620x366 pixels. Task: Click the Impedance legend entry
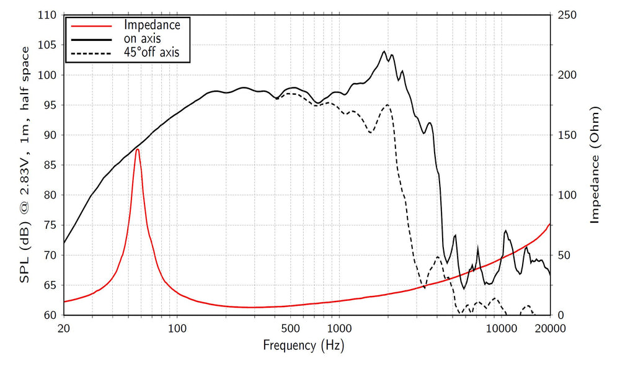click(x=152, y=25)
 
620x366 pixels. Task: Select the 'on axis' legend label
click(x=143, y=38)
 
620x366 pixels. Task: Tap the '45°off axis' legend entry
click(x=152, y=53)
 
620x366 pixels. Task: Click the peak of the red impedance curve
click(x=137, y=150)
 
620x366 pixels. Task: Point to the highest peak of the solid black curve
click(x=384, y=51)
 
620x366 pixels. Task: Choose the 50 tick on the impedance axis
click(x=564, y=255)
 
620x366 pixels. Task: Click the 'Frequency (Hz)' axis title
click(x=304, y=345)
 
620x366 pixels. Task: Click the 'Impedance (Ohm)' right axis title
click(x=595, y=165)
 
